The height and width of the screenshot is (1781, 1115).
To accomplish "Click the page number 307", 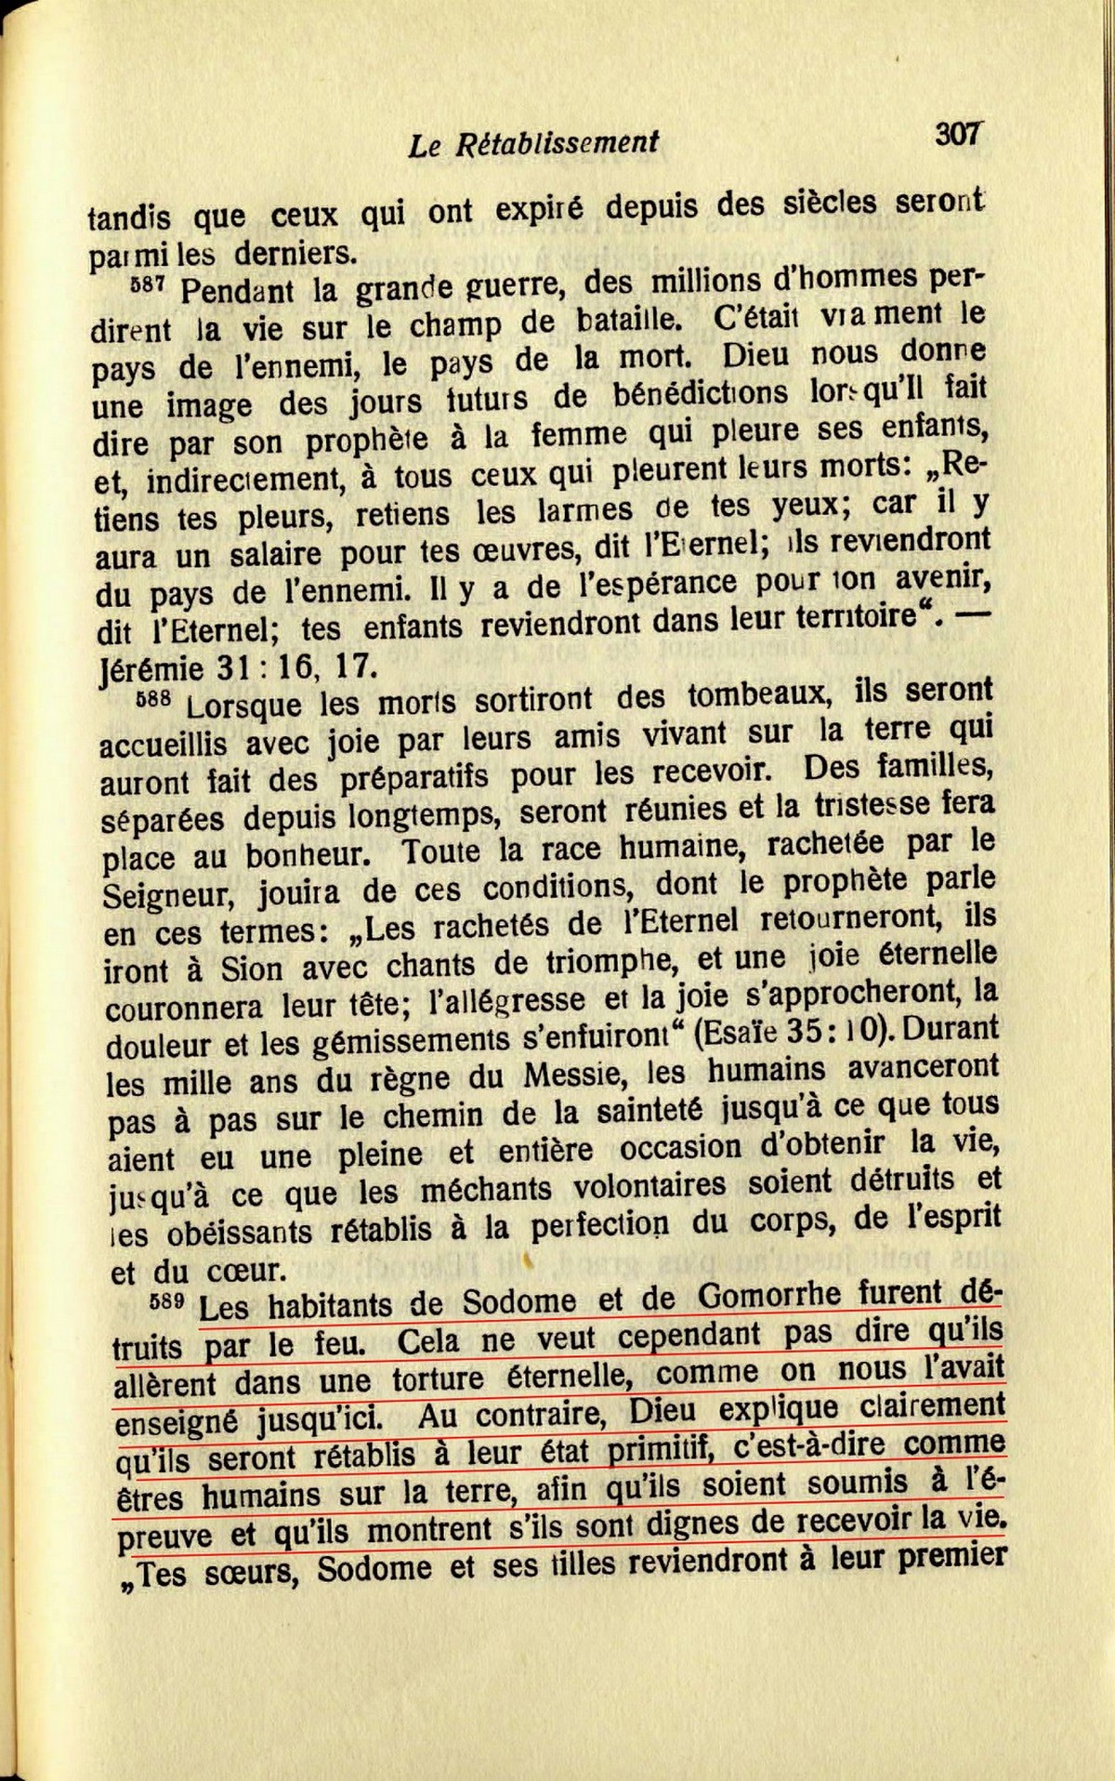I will pyautogui.click(x=958, y=135).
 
